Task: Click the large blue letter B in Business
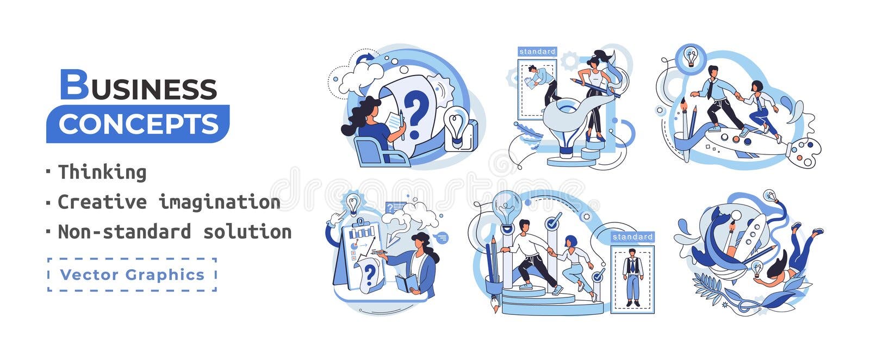pos(73,85)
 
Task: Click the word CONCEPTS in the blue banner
pos(138,124)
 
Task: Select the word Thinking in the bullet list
pos(102,172)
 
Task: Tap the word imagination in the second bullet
pos(219,202)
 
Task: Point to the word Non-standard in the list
pos(125,232)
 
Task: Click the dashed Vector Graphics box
pos(132,275)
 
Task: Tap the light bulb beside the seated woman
pos(456,124)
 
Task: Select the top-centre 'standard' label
pos(537,52)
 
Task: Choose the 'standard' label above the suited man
pos(632,237)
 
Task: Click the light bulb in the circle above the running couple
pos(691,57)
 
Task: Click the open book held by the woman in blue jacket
pos(407,283)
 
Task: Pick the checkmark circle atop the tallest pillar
pos(552,221)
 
